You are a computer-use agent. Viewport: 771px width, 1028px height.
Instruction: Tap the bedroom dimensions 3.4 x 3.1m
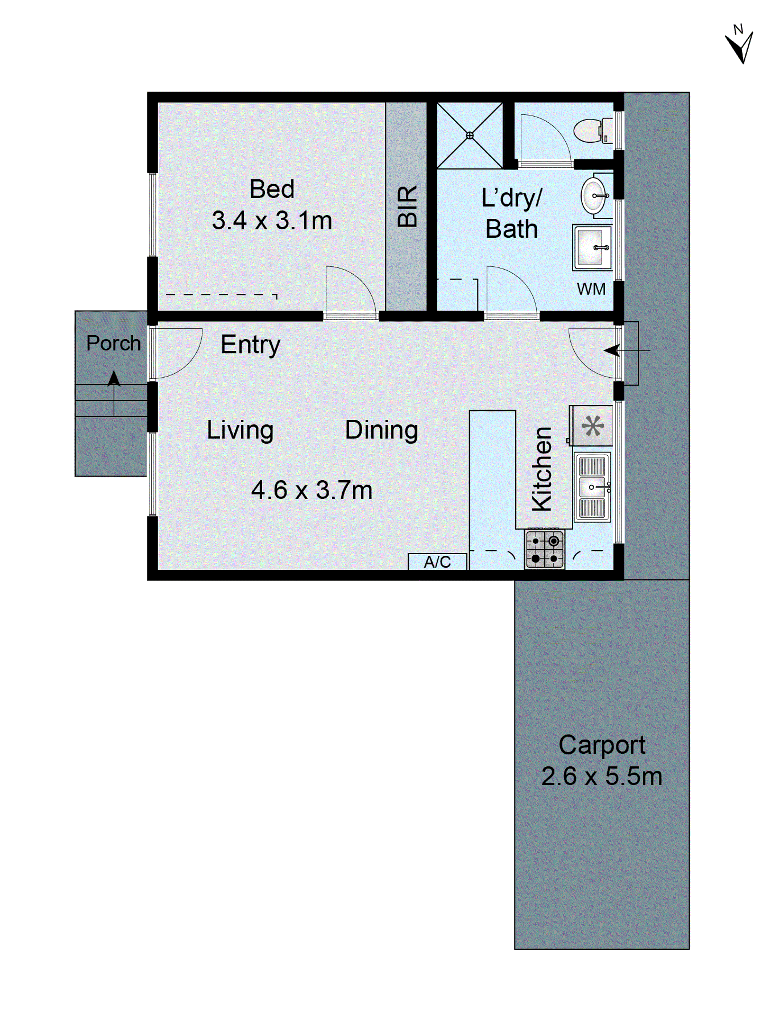(x=272, y=221)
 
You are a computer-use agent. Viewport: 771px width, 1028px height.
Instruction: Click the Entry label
(x=250, y=345)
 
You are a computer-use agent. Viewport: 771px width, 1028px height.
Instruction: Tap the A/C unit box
(x=437, y=562)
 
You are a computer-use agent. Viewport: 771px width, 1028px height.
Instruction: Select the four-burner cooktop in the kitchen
(x=544, y=549)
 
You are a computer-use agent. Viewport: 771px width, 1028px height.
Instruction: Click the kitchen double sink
(x=592, y=486)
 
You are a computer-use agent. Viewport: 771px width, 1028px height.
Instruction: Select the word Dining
(x=381, y=430)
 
